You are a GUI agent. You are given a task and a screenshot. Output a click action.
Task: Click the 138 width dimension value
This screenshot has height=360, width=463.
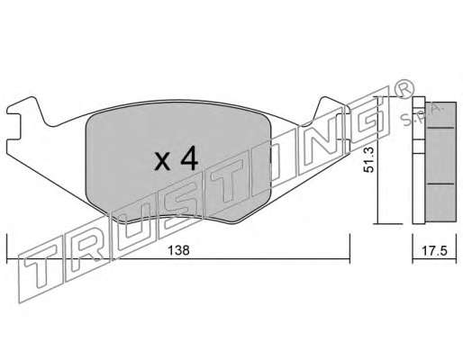[178, 250]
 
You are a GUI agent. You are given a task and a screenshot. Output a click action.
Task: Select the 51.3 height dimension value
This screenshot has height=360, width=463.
[368, 159]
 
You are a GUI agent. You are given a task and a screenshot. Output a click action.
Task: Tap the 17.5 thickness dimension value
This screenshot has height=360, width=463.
[434, 250]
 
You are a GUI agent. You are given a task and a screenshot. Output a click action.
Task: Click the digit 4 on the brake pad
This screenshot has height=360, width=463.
[189, 160]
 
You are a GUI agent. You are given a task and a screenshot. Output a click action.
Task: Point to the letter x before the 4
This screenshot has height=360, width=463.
[162, 162]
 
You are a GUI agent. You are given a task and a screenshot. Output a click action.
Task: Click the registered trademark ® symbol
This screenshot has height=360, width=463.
[404, 89]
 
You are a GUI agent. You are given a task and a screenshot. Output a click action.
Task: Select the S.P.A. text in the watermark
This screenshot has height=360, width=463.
[421, 115]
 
